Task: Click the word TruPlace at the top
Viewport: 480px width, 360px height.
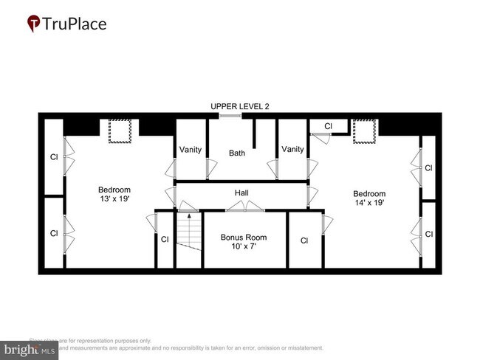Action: click(75, 24)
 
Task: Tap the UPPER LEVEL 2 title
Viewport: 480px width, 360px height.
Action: click(239, 106)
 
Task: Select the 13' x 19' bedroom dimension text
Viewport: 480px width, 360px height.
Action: click(114, 199)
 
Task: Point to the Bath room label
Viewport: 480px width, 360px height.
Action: click(236, 153)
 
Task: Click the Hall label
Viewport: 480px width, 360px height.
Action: click(241, 193)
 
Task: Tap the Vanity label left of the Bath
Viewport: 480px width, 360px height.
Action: click(191, 150)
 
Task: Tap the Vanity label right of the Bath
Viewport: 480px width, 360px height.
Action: click(292, 150)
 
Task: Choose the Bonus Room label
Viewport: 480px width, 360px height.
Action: click(243, 238)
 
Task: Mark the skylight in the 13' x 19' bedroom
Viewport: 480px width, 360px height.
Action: click(118, 131)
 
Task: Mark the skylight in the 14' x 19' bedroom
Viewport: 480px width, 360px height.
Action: click(363, 131)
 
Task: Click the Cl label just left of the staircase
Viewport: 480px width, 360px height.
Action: click(165, 239)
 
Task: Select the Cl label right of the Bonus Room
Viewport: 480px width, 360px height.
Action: click(304, 240)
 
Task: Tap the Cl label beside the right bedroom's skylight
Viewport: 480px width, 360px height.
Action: click(329, 126)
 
